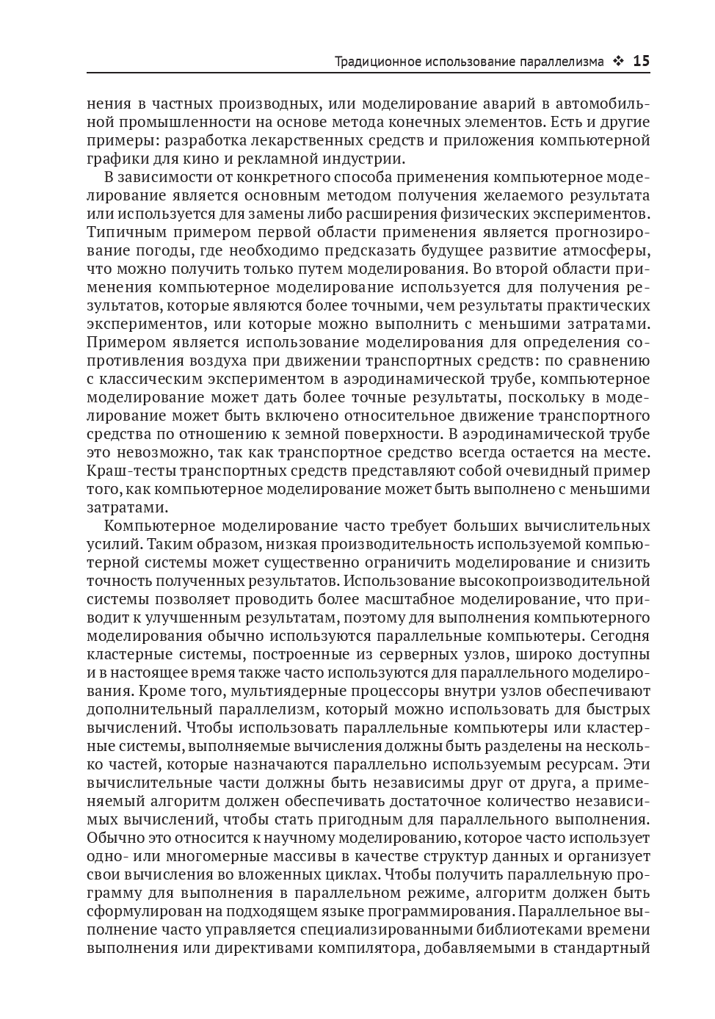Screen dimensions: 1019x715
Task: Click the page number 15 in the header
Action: pos(641,61)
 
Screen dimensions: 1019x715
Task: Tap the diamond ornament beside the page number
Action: pos(618,62)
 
